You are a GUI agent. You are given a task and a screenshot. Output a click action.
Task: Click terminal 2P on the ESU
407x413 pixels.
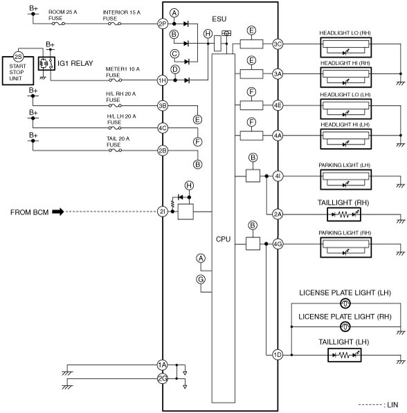(x=163, y=24)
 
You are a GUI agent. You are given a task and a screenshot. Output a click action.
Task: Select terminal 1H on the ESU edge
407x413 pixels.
(x=163, y=80)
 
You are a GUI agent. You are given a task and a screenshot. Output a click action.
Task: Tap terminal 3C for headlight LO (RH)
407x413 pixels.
(x=278, y=44)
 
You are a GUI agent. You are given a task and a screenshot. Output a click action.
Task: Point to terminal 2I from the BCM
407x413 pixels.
(x=163, y=212)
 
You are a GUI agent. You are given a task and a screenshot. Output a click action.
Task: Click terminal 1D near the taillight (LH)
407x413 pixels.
(x=278, y=355)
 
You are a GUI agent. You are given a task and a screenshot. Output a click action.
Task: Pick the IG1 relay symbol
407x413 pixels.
(x=46, y=64)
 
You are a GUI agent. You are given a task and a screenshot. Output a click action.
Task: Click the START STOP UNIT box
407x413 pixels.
(x=18, y=71)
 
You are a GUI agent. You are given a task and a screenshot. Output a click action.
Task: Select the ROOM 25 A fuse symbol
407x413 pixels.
(x=58, y=24)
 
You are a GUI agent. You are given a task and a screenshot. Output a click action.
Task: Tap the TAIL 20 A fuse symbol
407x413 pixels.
(x=115, y=150)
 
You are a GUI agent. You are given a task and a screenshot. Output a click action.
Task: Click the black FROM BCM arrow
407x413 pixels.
(x=58, y=212)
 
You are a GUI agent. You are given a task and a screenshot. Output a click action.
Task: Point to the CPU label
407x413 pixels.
(x=223, y=239)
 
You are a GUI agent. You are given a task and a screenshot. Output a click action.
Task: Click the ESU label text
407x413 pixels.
(x=219, y=19)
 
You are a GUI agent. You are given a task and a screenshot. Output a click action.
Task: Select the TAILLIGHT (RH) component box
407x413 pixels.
(x=344, y=214)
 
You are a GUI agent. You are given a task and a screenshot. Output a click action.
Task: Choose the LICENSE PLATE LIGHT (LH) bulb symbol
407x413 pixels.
(x=345, y=304)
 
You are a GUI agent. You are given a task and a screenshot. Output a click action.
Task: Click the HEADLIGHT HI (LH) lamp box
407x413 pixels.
(x=346, y=139)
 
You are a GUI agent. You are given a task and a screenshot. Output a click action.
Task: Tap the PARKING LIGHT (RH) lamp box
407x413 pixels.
(x=346, y=248)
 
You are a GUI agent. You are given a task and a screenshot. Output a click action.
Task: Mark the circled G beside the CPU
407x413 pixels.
(x=201, y=279)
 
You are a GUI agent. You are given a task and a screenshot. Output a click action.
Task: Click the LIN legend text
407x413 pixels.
(x=392, y=405)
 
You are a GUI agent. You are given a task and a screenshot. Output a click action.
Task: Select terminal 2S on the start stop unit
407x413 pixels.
(x=18, y=57)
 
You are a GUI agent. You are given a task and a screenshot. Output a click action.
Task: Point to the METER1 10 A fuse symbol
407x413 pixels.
(x=115, y=80)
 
